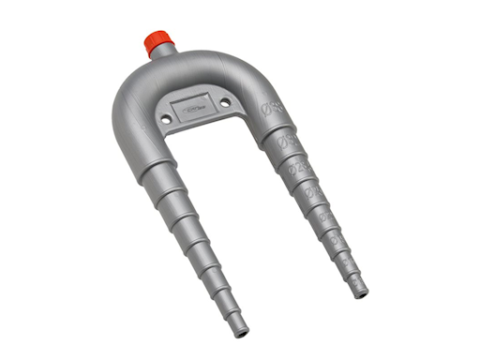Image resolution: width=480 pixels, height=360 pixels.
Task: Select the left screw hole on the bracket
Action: pyautogui.click(x=166, y=120)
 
